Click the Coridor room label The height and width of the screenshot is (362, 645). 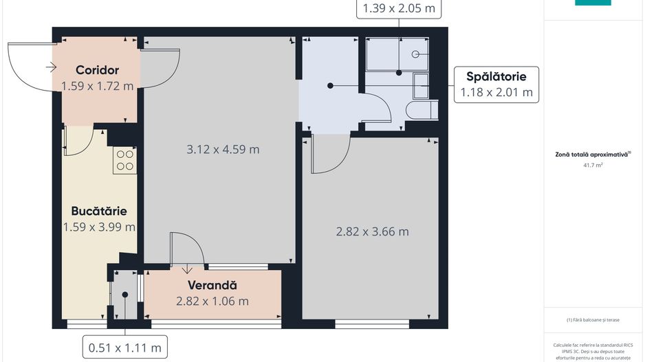pyautogui.click(x=97, y=70)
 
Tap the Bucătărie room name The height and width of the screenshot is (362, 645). pyautogui.click(x=98, y=211)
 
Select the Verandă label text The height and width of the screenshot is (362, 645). pyautogui.click(x=212, y=285)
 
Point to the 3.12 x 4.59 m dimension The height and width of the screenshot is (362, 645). pyautogui.click(x=223, y=149)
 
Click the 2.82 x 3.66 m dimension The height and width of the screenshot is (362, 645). pyautogui.click(x=372, y=231)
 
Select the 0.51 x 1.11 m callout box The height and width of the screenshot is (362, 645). pyautogui.click(x=125, y=348)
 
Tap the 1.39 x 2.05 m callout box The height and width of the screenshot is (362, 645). pyautogui.click(x=397, y=8)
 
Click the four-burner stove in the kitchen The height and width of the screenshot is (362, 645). pyautogui.click(x=124, y=160)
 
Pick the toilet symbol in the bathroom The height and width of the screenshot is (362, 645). pyautogui.click(x=420, y=110)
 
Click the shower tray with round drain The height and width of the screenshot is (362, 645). pyautogui.click(x=397, y=54)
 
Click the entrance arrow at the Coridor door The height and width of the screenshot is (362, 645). pyautogui.click(x=51, y=67)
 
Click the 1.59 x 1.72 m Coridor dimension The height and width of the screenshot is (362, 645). pyautogui.click(x=97, y=86)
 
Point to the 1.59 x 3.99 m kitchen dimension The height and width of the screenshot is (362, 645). pyautogui.click(x=98, y=227)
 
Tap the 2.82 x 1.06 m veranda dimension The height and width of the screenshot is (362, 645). pyautogui.click(x=212, y=301)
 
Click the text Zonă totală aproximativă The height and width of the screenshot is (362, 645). pyautogui.click(x=591, y=155)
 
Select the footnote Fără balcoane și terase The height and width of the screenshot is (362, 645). pyautogui.click(x=593, y=319)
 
